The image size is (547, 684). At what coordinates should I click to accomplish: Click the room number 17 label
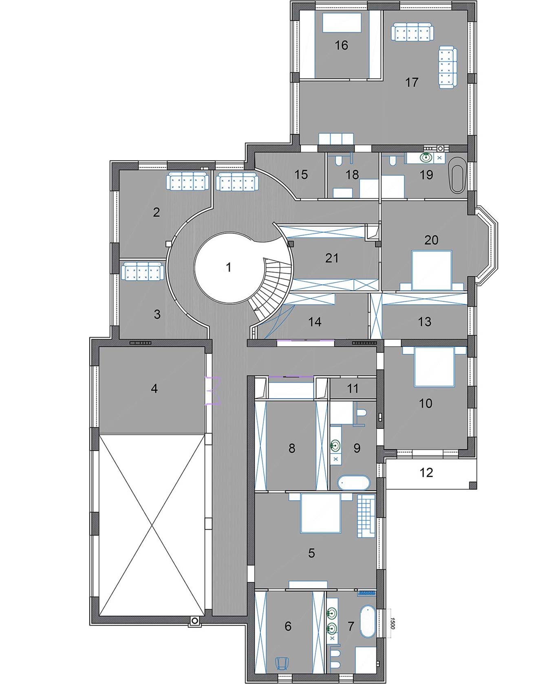click(x=412, y=82)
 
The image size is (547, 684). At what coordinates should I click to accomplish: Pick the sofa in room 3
click(x=142, y=271)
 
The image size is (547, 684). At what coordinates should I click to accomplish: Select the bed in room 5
click(x=320, y=513)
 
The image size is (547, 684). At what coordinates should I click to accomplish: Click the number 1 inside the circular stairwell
click(x=229, y=267)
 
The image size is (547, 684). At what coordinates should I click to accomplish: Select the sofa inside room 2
click(x=188, y=181)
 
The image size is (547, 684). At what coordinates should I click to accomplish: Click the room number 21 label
click(x=332, y=258)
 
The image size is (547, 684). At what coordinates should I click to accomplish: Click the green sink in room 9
click(x=335, y=446)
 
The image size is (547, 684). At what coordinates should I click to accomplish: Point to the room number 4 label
click(x=154, y=388)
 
